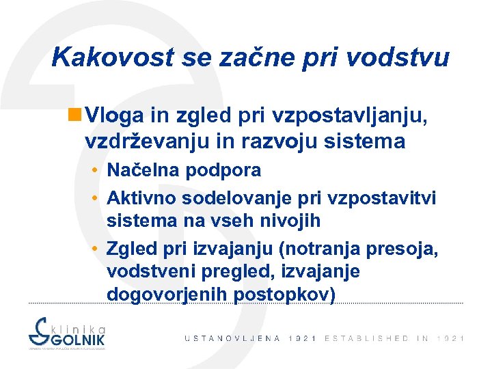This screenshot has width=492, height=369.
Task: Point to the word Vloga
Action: [x=113, y=117]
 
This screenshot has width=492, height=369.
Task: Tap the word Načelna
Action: [x=142, y=170]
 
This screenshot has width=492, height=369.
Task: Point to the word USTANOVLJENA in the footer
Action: [x=232, y=339]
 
